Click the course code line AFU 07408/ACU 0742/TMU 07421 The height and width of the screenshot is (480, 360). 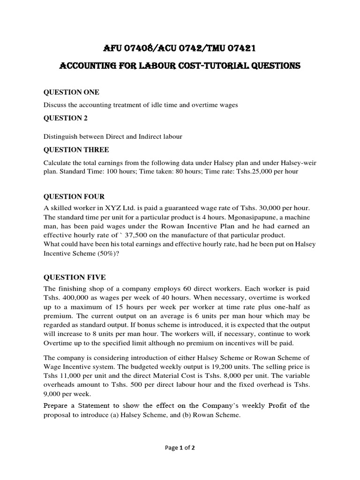[x=180, y=48]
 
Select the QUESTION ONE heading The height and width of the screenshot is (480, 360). [x=71, y=92]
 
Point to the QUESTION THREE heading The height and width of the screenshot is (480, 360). [x=76, y=150]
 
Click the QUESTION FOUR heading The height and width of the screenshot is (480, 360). [x=74, y=196]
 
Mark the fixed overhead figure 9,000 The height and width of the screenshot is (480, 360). [x=55, y=395]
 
